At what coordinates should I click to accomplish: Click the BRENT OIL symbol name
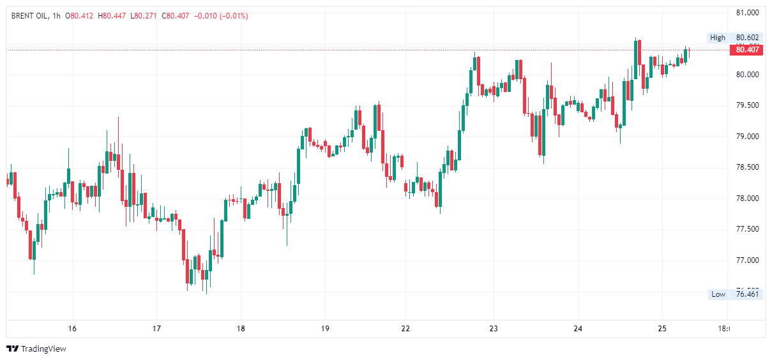[x=29, y=16]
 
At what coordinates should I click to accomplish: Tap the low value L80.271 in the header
[x=144, y=16]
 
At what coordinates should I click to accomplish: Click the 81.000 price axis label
[x=746, y=13]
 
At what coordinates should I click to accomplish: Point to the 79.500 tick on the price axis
[x=746, y=105]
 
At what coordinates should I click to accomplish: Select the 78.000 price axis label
[x=746, y=199]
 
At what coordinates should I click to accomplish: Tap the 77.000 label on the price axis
[x=746, y=260]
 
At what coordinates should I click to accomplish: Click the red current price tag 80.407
[x=746, y=50]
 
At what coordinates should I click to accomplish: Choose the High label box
[x=718, y=38]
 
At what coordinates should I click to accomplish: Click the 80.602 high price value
[x=746, y=38]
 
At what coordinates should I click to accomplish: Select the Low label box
[x=718, y=294]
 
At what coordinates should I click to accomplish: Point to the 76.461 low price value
[x=746, y=294]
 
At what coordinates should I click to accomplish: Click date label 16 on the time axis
[x=72, y=329]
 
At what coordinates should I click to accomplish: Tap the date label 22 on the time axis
[x=405, y=329]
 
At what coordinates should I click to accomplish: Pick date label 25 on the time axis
[x=662, y=329]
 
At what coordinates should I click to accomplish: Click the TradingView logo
[x=36, y=349]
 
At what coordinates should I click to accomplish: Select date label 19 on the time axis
[x=325, y=329]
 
